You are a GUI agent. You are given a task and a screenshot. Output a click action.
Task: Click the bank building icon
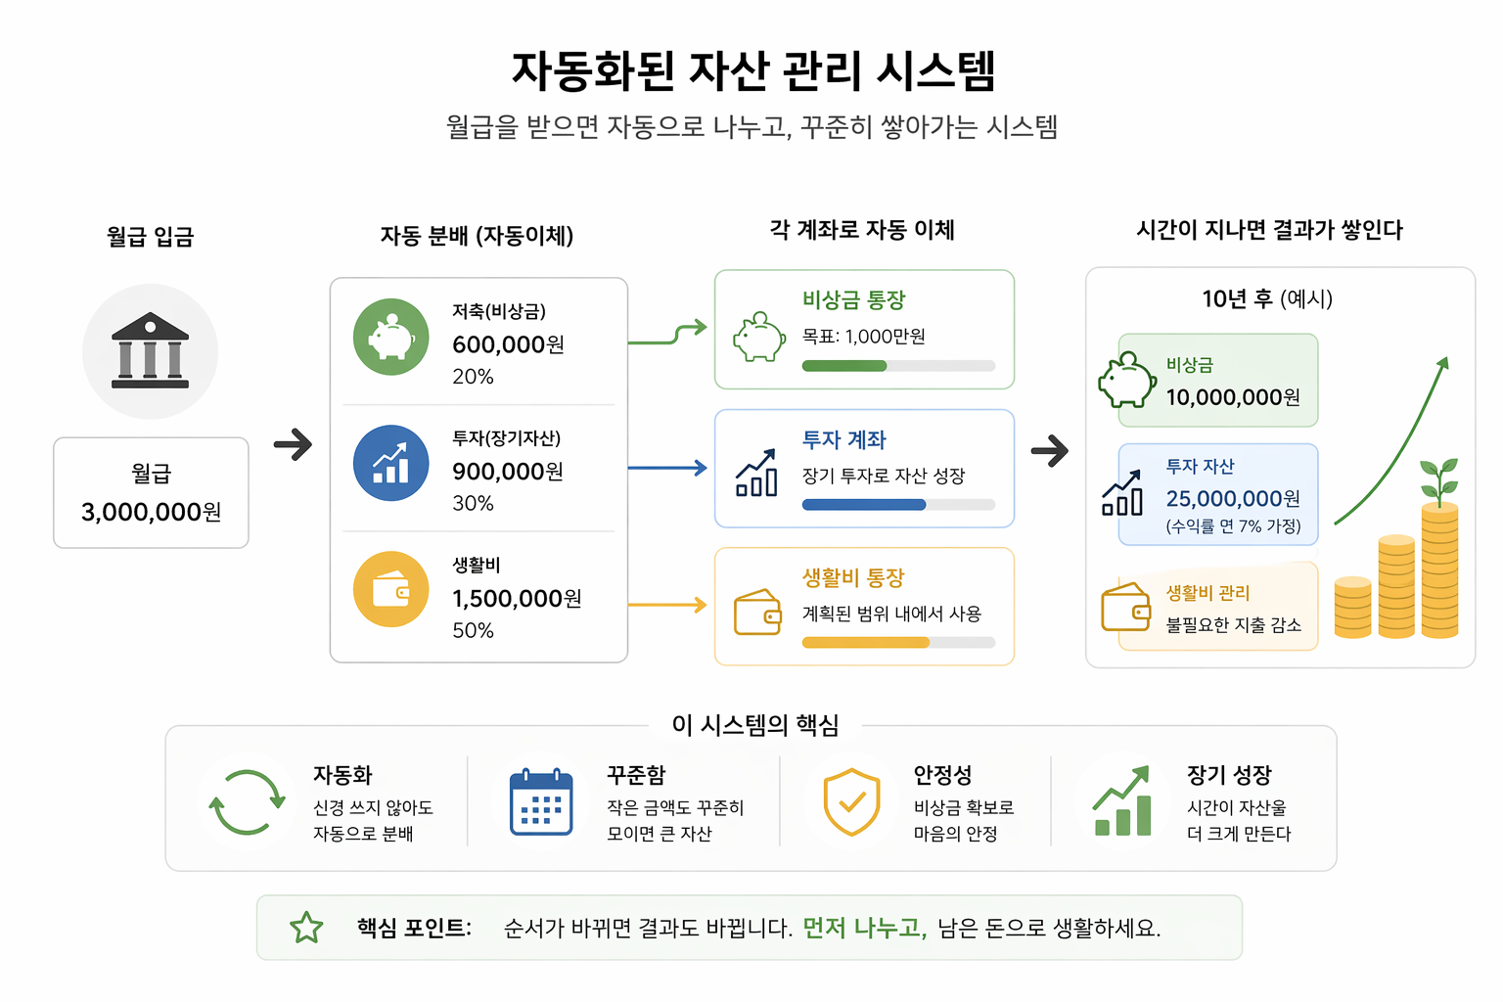click(x=150, y=351)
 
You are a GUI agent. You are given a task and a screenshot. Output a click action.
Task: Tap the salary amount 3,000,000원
click(x=151, y=512)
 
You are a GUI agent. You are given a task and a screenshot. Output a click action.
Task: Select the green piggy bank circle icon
click(x=390, y=337)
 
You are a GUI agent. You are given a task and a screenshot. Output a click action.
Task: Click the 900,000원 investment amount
click(x=508, y=472)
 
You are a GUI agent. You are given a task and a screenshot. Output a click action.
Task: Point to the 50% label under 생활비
click(x=473, y=630)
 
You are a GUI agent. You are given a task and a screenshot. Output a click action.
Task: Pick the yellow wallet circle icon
click(x=390, y=589)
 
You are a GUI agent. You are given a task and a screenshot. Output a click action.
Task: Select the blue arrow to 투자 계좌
click(x=667, y=468)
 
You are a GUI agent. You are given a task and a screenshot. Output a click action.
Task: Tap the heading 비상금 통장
click(x=853, y=299)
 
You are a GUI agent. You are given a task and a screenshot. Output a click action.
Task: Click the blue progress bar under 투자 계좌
click(x=863, y=505)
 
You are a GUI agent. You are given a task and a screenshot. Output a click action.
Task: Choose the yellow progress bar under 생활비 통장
click(x=865, y=643)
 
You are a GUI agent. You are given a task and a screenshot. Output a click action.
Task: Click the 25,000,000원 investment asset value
click(x=1233, y=499)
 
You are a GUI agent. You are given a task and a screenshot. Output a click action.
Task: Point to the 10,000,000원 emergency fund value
click(x=1233, y=397)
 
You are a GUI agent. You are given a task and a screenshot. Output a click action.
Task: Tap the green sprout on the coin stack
click(x=1439, y=478)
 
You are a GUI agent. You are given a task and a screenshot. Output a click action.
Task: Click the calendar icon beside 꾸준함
click(x=541, y=802)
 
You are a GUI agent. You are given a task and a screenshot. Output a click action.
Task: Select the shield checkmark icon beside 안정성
click(x=851, y=802)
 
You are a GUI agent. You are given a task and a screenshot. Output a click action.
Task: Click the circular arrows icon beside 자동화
click(x=247, y=802)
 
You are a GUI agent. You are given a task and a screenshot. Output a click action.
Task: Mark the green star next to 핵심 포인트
click(x=306, y=928)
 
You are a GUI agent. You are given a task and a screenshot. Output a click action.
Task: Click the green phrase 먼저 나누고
click(x=864, y=928)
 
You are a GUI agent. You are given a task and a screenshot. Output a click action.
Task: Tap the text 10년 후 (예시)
click(x=1267, y=298)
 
